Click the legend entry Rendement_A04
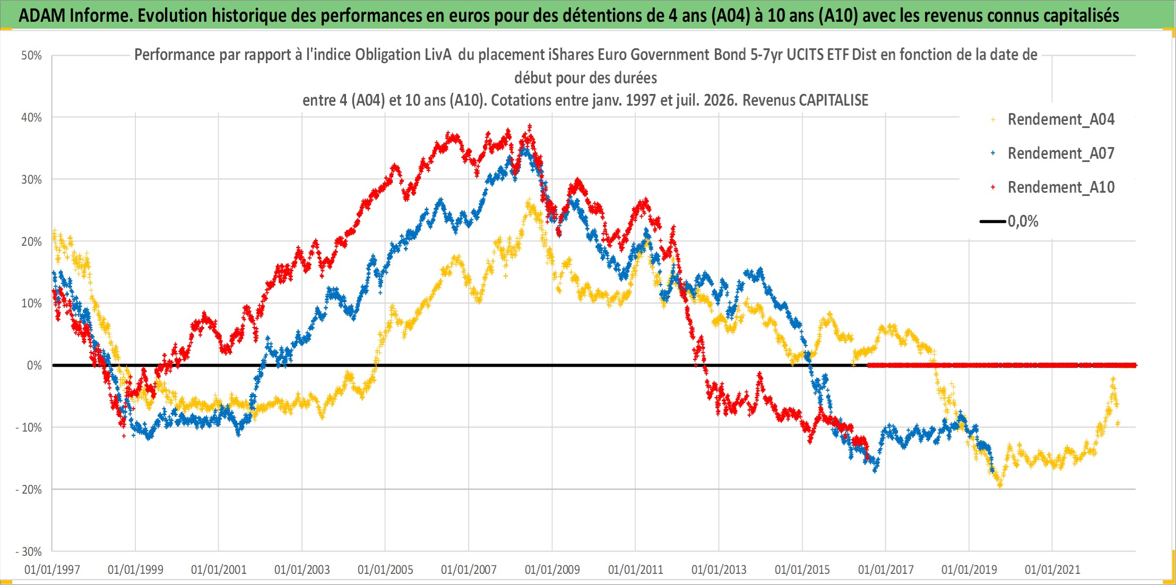click(x=1061, y=119)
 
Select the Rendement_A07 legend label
click(x=1061, y=153)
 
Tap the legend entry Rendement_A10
click(x=1061, y=187)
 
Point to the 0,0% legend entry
click(x=1023, y=221)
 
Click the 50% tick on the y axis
click(x=31, y=56)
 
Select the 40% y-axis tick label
click(x=31, y=117)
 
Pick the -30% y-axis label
click(x=29, y=552)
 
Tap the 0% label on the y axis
click(x=34, y=365)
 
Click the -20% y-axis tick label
click(x=29, y=489)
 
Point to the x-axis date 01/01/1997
click(x=52, y=570)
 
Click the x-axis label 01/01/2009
click(x=552, y=570)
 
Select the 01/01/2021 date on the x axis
click(x=1052, y=570)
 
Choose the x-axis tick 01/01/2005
click(x=385, y=570)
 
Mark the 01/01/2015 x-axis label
click(x=802, y=570)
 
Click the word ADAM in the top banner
click(x=42, y=15)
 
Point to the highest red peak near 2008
click(x=530, y=127)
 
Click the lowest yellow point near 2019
click(x=1000, y=485)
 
